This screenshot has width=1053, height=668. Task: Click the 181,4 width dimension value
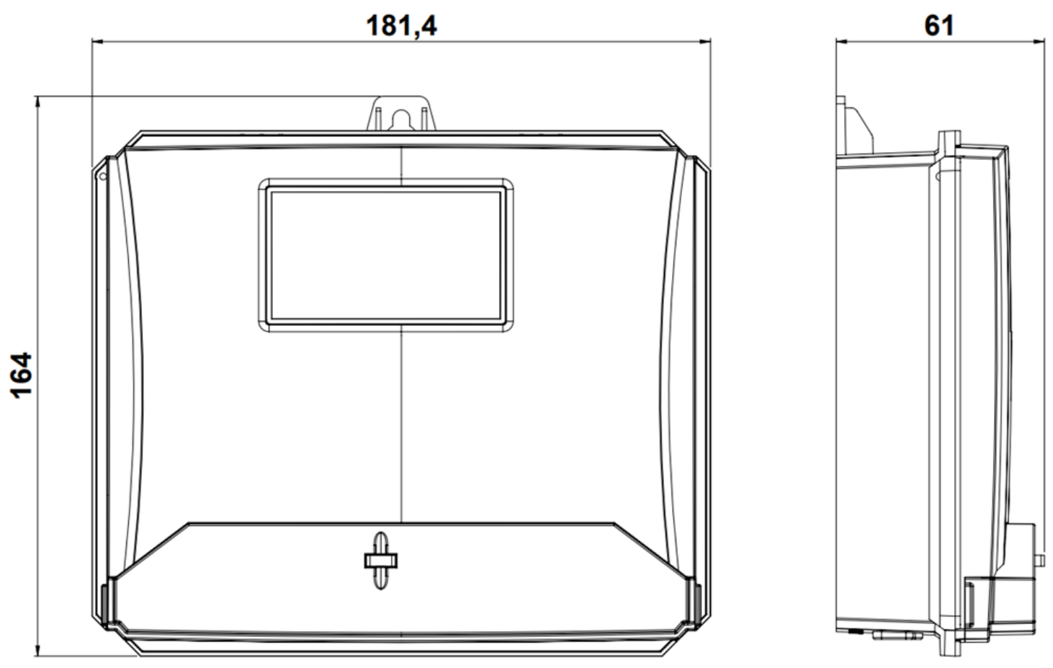click(401, 25)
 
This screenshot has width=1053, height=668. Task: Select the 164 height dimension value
click(22, 376)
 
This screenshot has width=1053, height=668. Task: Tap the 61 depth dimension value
click(939, 25)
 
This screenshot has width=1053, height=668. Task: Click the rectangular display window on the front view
click(385, 255)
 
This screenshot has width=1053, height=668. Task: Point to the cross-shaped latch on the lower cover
click(381, 561)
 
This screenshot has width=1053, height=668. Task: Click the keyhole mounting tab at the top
click(401, 113)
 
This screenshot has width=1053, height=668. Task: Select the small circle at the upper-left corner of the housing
click(103, 177)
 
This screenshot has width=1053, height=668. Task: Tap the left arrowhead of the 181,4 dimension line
click(97, 42)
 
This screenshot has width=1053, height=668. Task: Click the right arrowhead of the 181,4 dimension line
click(705, 42)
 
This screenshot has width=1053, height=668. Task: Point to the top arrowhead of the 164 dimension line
click(37, 102)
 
